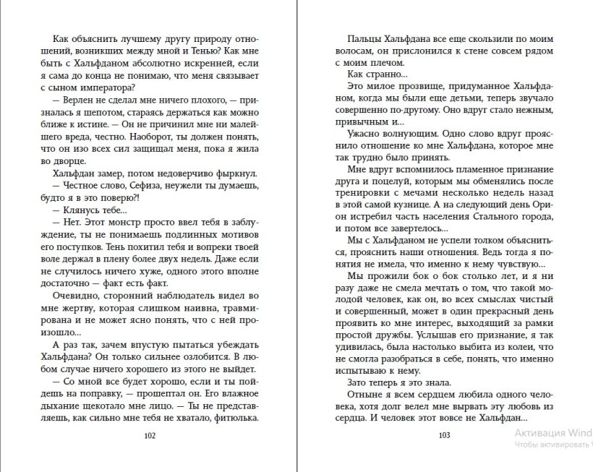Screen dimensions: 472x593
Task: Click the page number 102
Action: [x=150, y=435]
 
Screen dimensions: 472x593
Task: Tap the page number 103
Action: [x=445, y=435]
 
